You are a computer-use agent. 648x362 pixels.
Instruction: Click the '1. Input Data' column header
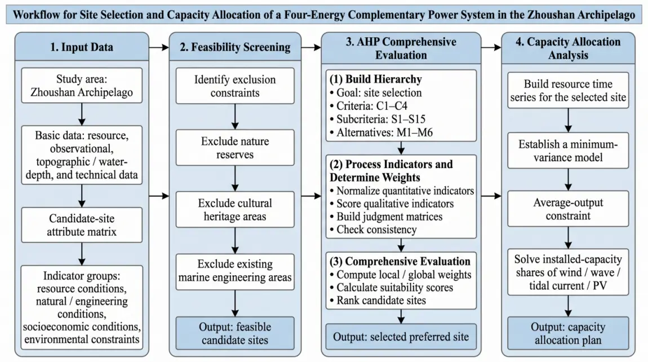pyautogui.click(x=82, y=47)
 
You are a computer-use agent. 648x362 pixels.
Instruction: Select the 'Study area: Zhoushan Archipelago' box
pyautogui.click(x=82, y=85)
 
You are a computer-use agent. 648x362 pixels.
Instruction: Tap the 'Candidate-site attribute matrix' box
pyautogui.click(x=82, y=224)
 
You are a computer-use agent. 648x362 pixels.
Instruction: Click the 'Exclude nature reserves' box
pyautogui.click(x=235, y=148)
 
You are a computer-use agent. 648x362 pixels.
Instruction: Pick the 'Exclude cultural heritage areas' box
pyautogui.click(x=235, y=209)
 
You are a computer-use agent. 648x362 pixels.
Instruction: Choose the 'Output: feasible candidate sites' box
pyautogui.click(x=235, y=333)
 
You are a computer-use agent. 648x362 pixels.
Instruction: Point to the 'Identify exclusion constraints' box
pyautogui.click(x=235, y=86)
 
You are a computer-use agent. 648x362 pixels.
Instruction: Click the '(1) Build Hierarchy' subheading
pyautogui.click(x=375, y=79)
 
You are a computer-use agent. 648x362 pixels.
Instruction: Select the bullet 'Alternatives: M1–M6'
pyautogui.click(x=381, y=133)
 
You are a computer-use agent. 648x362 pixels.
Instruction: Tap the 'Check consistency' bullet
pyautogui.click(x=373, y=229)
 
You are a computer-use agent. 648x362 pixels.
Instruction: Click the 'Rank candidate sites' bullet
pyautogui.click(x=378, y=301)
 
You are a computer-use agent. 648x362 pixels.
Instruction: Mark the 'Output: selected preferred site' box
pyautogui.click(x=401, y=337)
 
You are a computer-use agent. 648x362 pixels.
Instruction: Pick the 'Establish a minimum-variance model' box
pyautogui.click(x=568, y=151)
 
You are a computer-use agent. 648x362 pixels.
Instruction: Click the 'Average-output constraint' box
pyautogui.click(x=568, y=209)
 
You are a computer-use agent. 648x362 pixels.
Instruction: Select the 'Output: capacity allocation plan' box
pyautogui.click(x=568, y=333)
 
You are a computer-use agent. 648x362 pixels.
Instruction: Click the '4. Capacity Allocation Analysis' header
pyautogui.click(x=568, y=48)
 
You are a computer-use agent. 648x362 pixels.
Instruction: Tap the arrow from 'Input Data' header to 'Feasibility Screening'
pyautogui.click(x=159, y=47)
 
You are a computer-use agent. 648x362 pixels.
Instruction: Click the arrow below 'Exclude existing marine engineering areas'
pyautogui.click(x=235, y=304)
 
